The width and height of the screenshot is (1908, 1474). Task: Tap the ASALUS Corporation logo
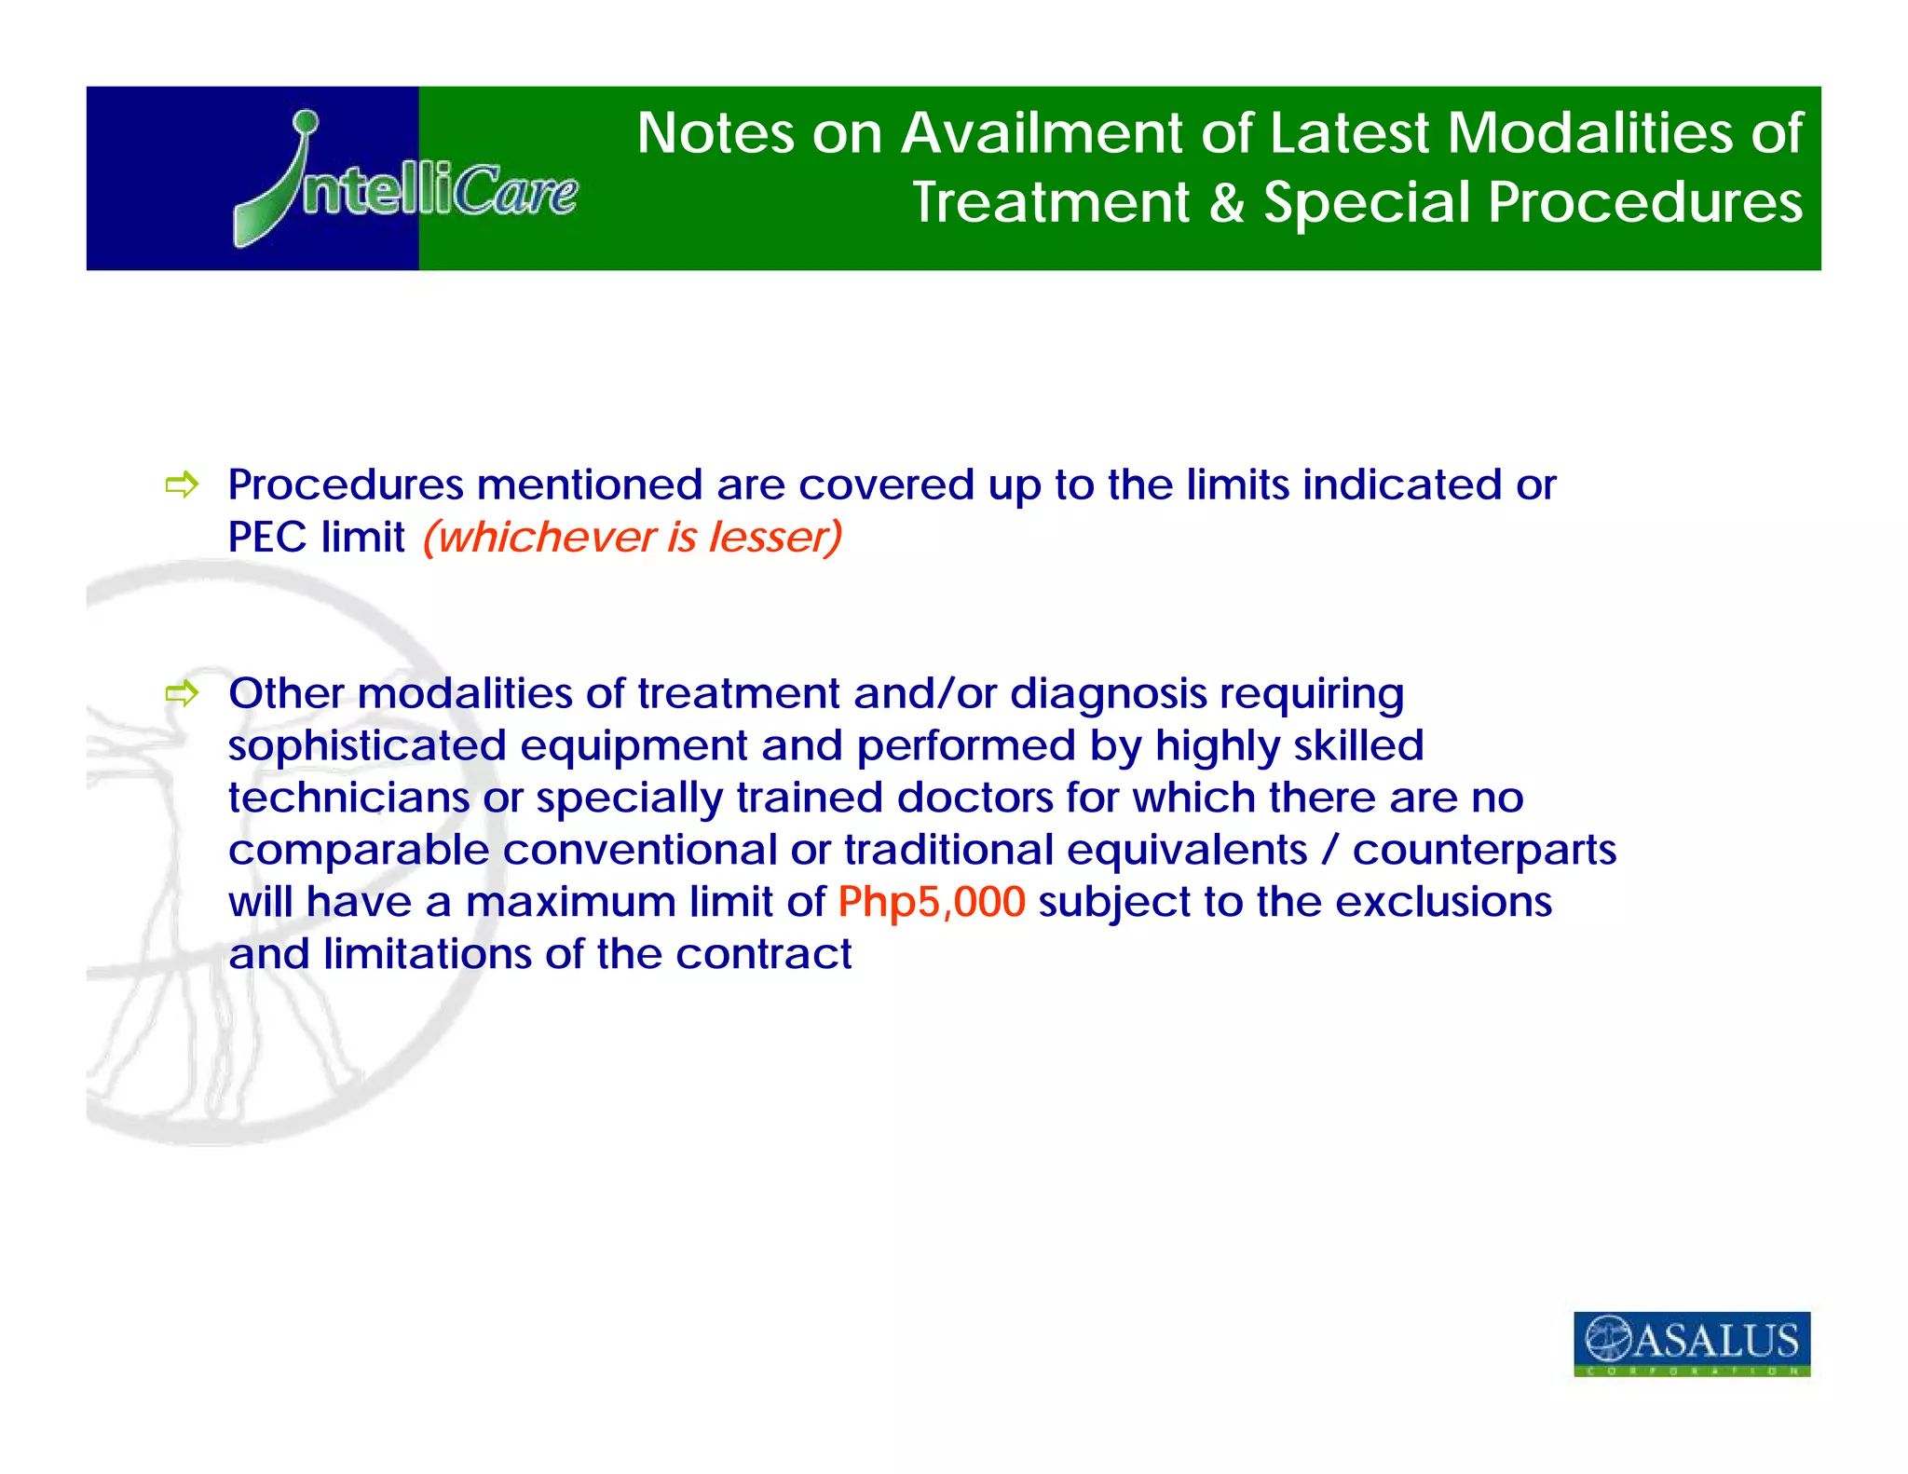coord(1691,1343)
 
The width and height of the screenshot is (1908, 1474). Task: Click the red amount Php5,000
coord(931,902)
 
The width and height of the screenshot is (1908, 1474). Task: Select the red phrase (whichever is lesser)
coord(633,537)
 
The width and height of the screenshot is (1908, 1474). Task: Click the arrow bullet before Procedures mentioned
coord(182,485)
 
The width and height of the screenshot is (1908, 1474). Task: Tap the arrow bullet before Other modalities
coord(182,693)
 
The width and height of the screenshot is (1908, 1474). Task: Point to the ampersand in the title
coord(1227,202)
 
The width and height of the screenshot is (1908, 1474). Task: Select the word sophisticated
coord(367,745)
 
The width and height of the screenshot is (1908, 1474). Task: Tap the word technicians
coord(348,798)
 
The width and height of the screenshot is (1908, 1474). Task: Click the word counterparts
coord(1484,850)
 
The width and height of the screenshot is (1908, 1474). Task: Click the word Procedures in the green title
coord(1644,202)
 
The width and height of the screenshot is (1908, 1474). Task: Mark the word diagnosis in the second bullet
coord(1108,694)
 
